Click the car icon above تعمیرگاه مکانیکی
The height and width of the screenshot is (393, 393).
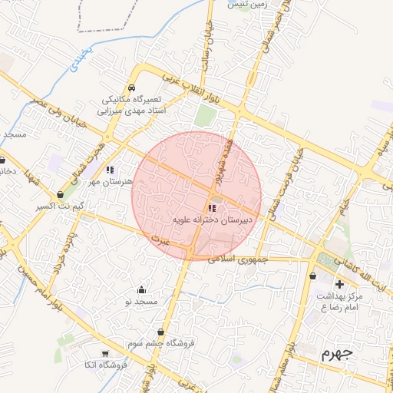[x=132, y=88]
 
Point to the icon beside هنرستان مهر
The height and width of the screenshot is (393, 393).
[x=110, y=170]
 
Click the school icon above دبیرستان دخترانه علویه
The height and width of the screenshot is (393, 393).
[x=212, y=207]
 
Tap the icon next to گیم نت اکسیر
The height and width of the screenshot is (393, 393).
[x=60, y=195]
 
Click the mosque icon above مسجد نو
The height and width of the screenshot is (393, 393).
[x=141, y=289]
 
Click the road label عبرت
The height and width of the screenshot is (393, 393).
[x=159, y=241]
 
